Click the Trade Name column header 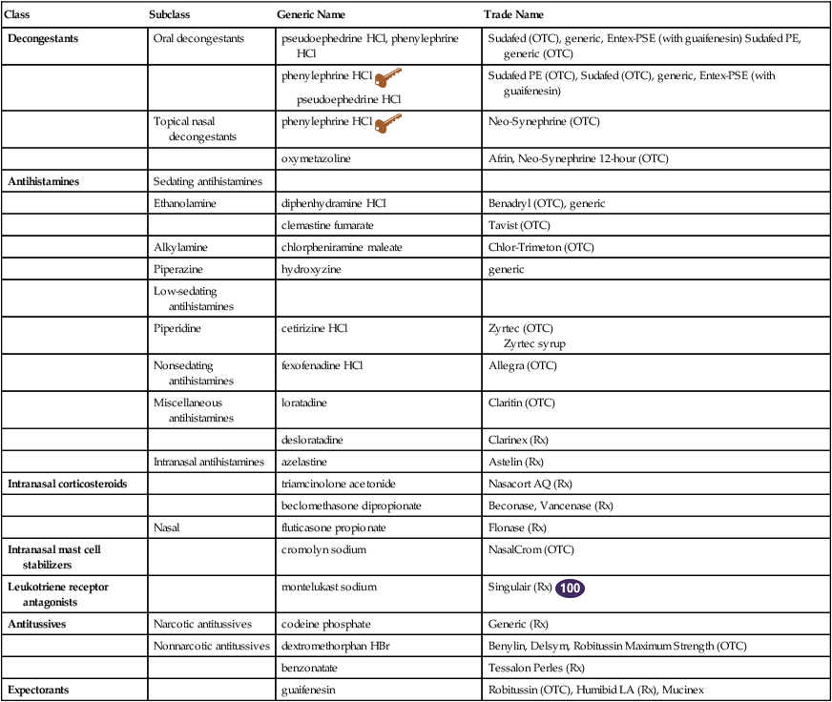click(514, 15)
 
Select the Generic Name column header click(311, 15)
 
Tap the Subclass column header click(173, 15)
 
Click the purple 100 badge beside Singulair click(571, 588)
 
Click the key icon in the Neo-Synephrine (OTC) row click(389, 123)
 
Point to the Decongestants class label click(44, 38)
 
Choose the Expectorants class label click(39, 688)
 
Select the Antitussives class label click(39, 624)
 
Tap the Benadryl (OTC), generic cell click(546, 203)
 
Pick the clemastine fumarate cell click(327, 225)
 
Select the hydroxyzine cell click(311, 269)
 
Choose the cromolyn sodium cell click(324, 549)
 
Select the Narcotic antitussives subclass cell click(202, 624)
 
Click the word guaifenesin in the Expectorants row click(312, 688)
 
